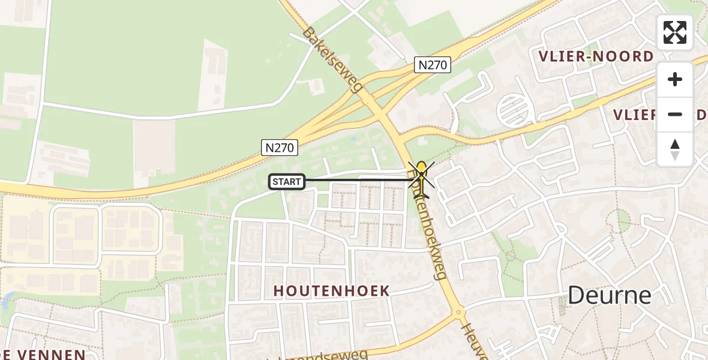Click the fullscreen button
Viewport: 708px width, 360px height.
click(x=675, y=32)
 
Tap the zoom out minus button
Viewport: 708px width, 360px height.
click(x=675, y=114)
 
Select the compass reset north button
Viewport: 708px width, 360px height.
click(x=675, y=149)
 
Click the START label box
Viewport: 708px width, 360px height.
click(x=287, y=181)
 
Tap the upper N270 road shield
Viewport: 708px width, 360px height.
click(x=433, y=65)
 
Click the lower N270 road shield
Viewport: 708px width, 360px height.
click(x=280, y=147)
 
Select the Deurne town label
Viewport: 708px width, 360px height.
click(x=609, y=295)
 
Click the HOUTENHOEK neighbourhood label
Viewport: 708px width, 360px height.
click(x=332, y=291)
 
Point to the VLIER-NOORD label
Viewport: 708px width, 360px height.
click(x=596, y=57)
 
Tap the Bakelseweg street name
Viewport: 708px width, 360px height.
click(x=334, y=59)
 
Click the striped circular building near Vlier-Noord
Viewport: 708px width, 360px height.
click(x=515, y=109)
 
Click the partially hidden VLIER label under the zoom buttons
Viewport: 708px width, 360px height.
click(x=634, y=114)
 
